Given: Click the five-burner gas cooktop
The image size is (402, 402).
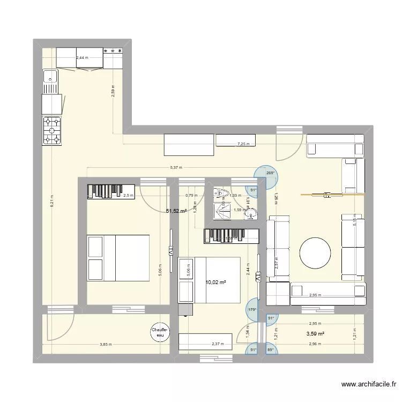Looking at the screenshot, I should (52, 131).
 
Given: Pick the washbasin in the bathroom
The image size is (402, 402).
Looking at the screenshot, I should (251, 214).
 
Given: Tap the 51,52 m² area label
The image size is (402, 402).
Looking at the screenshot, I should (176, 211).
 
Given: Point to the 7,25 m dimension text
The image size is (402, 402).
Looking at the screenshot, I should (244, 144).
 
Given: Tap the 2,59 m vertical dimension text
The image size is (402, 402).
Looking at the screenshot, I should (113, 92).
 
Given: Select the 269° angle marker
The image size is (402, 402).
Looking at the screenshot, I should (270, 173).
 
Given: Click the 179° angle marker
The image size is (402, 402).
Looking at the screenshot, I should (251, 309).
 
